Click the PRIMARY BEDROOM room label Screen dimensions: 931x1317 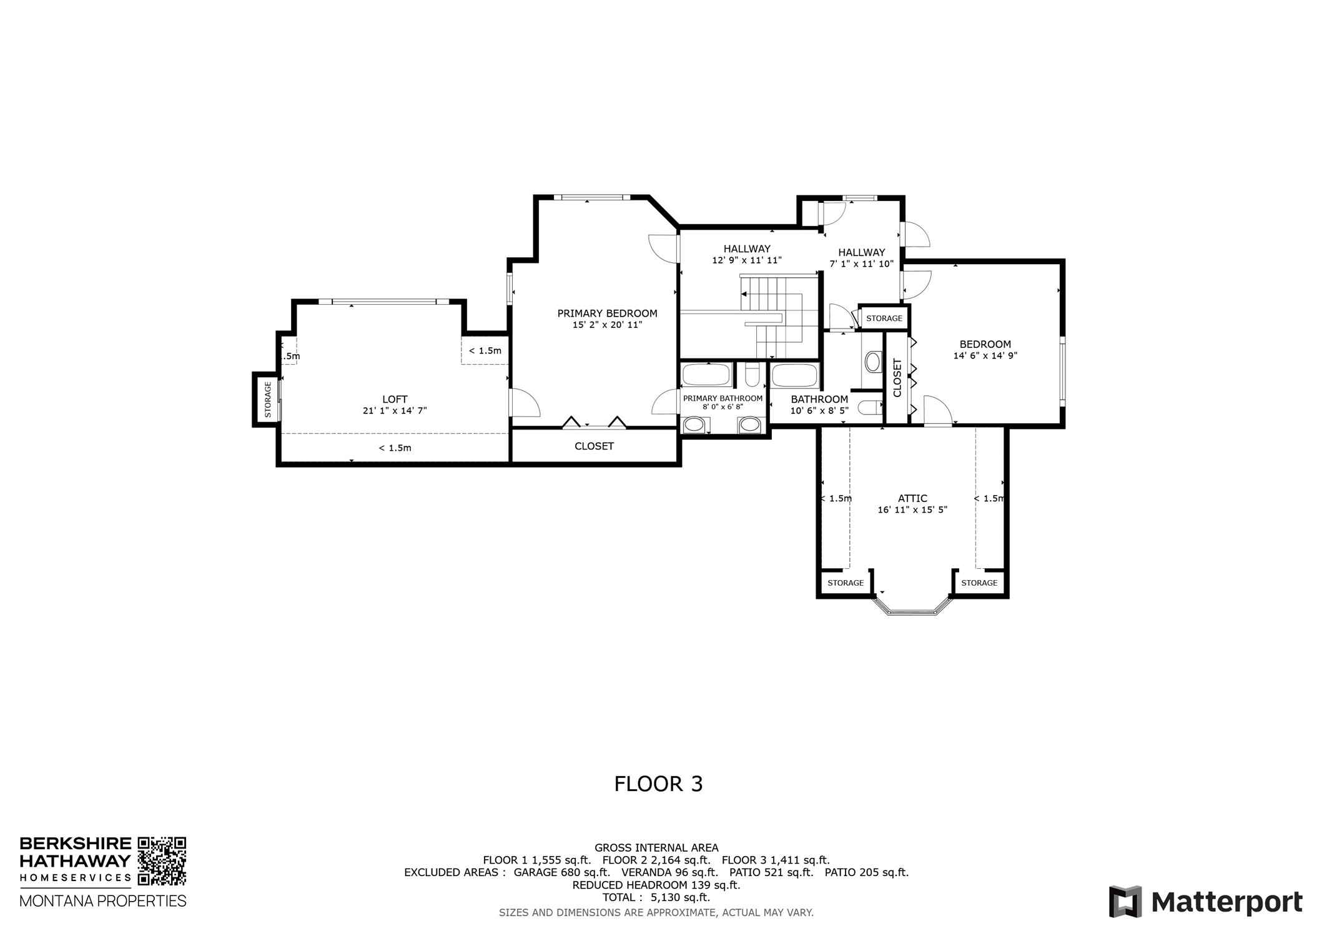[607, 313]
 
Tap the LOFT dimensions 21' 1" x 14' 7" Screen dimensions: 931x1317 [395, 411]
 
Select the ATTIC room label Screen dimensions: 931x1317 [912, 498]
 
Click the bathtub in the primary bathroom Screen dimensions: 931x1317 [706, 375]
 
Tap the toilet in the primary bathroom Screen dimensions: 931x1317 [752, 376]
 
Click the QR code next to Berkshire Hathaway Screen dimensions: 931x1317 [162, 861]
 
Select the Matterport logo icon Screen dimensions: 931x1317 [1125, 902]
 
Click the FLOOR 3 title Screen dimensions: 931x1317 [658, 784]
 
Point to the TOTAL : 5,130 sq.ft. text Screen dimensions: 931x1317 [656, 898]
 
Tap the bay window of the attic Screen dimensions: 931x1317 [912, 611]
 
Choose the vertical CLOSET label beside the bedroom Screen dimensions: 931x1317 [897, 378]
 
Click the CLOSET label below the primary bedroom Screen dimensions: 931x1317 [594, 446]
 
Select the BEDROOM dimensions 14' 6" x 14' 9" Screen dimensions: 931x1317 [985, 356]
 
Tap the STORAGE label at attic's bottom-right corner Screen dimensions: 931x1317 [979, 583]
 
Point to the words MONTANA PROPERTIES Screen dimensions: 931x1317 [103, 901]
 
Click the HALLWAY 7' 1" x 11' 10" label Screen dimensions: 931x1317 [861, 258]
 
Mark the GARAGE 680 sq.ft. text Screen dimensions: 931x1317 [561, 873]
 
